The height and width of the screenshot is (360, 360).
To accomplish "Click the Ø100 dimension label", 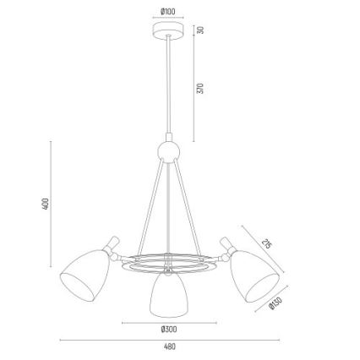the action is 168,12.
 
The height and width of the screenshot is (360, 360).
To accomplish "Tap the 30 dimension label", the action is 200,30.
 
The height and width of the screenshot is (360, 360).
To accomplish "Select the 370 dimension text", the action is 200,88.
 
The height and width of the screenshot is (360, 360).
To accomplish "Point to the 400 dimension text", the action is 46,204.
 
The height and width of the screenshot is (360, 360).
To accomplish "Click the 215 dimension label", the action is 266,244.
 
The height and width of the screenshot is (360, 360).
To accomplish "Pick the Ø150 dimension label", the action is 275,303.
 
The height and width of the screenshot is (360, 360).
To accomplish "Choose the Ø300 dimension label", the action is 169,329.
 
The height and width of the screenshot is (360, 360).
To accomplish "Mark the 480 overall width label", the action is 170,346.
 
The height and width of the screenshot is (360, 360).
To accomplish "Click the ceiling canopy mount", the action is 168,30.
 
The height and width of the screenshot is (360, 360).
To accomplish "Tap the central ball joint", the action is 168,152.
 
